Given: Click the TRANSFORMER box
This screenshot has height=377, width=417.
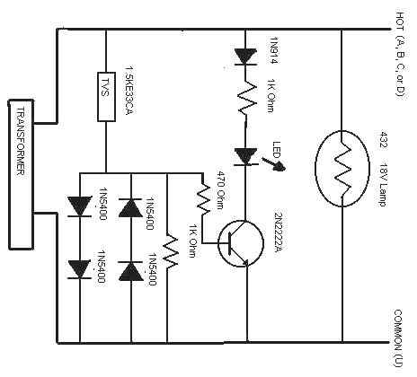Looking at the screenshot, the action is pos(21,175).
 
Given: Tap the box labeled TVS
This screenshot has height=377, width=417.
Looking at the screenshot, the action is pos(106,97).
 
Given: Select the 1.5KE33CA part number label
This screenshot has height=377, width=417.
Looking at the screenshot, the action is pos(129,90).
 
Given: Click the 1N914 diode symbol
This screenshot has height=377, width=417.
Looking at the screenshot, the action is pos(245,57).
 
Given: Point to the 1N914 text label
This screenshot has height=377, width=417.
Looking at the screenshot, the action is pos(274,50).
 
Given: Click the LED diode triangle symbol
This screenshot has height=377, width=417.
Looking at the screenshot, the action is pos(245,156).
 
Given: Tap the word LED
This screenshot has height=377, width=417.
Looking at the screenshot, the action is pos(276,150).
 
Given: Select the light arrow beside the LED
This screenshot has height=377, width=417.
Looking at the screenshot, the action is pos(274,164).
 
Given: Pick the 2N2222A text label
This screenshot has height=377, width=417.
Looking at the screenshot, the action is pos(279,232).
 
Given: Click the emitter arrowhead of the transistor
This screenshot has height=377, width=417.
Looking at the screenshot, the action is pos(244,262).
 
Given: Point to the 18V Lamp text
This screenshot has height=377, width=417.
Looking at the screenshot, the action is pos(384,185).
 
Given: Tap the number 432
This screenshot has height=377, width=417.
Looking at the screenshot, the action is pos(384,140).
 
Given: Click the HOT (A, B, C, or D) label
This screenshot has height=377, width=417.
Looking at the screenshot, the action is pos(401,55).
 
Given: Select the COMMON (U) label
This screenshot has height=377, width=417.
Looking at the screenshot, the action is pos(398,338).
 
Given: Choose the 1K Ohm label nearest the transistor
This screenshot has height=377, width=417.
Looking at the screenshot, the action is pos(192,244).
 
